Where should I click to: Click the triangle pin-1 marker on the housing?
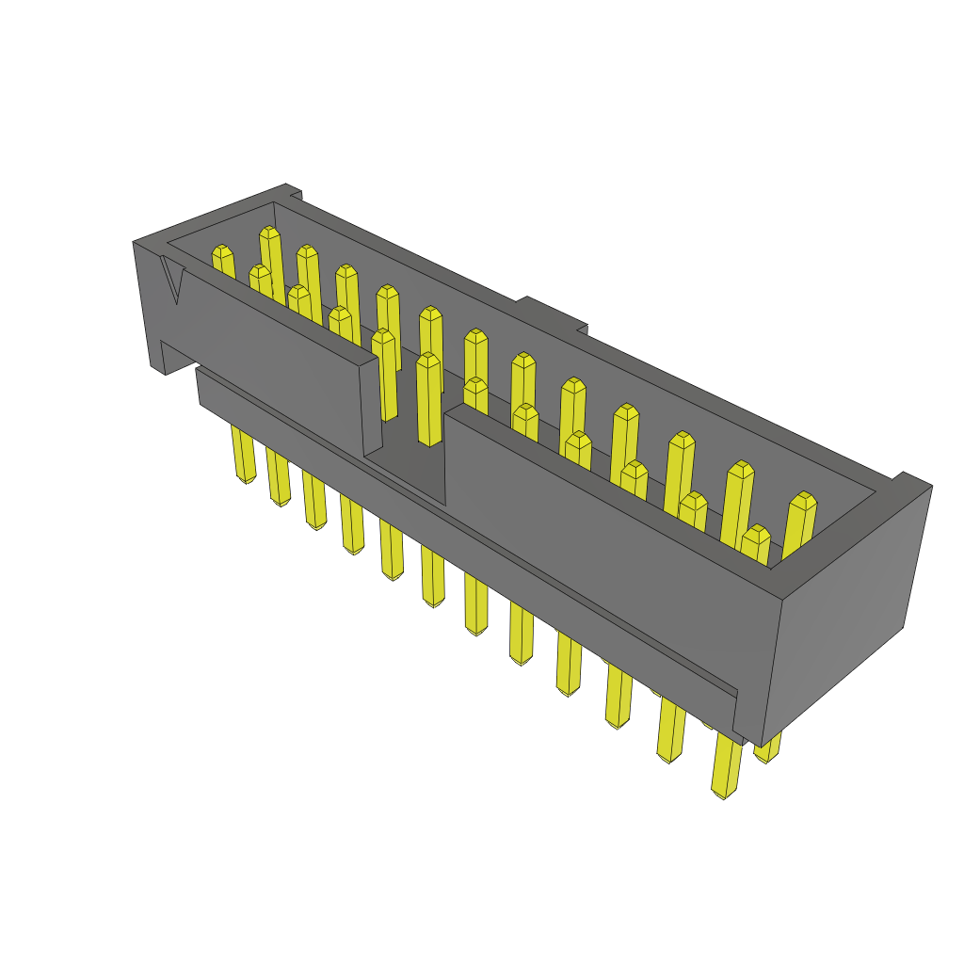pyautogui.click(x=172, y=280)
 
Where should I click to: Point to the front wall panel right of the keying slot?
pyautogui.click(x=602, y=527)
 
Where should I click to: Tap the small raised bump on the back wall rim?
pyautogui.click(x=554, y=313)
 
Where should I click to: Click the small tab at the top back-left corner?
pyautogui.click(x=293, y=192)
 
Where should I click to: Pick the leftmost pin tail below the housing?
pyautogui.click(x=244, y=456)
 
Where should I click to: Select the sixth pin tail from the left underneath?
pyautogui.click(x=432, y=579)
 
